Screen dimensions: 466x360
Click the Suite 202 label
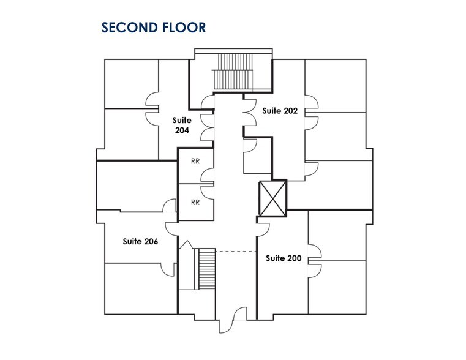[x=280, y=111]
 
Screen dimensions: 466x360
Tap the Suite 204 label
[x=182, y=126]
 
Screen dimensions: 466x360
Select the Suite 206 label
[x=140, y=241]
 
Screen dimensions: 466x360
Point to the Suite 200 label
[x=284, y=258]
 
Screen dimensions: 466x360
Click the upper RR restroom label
[x=195, y=161]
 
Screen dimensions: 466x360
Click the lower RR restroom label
[x=195, y=202]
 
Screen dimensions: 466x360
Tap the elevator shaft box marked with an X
[x=273, y=198]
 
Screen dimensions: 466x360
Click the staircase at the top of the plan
[x=233, y=71]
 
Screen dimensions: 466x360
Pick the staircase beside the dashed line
[x=206, y=269]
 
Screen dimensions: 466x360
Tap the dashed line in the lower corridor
[x=236, y=252]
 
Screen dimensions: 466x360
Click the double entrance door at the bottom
[x=233, y=320]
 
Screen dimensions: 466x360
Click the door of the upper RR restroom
[x=207, y=175]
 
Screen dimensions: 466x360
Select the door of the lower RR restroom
[x=207, y=192]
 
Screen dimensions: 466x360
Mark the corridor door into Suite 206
[x=171, y=229]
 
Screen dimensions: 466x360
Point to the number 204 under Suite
[x=182, y=130]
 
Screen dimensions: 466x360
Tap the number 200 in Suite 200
[x=294, y=258]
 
